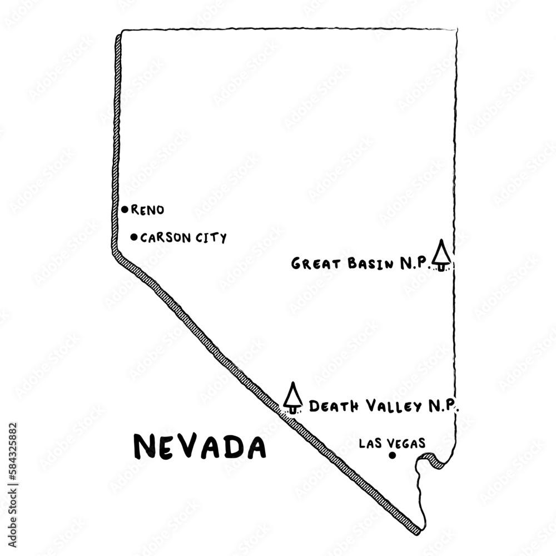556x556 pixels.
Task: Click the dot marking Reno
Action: coord(125,210)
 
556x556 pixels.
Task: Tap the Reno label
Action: coord(147,210)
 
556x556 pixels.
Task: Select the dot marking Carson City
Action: coord(133,237)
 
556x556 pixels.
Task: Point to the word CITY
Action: coord(211,238)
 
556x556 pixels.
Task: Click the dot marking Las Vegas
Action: coord(392,455)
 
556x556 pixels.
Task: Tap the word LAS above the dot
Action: coord(369,443)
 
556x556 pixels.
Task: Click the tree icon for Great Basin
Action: coord(441,255)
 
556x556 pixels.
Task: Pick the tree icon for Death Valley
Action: coord(292,398)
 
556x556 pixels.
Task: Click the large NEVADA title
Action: coord(200,446)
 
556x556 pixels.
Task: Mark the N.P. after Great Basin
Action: coord(415,264)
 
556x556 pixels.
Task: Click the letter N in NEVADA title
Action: coord(145,446)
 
